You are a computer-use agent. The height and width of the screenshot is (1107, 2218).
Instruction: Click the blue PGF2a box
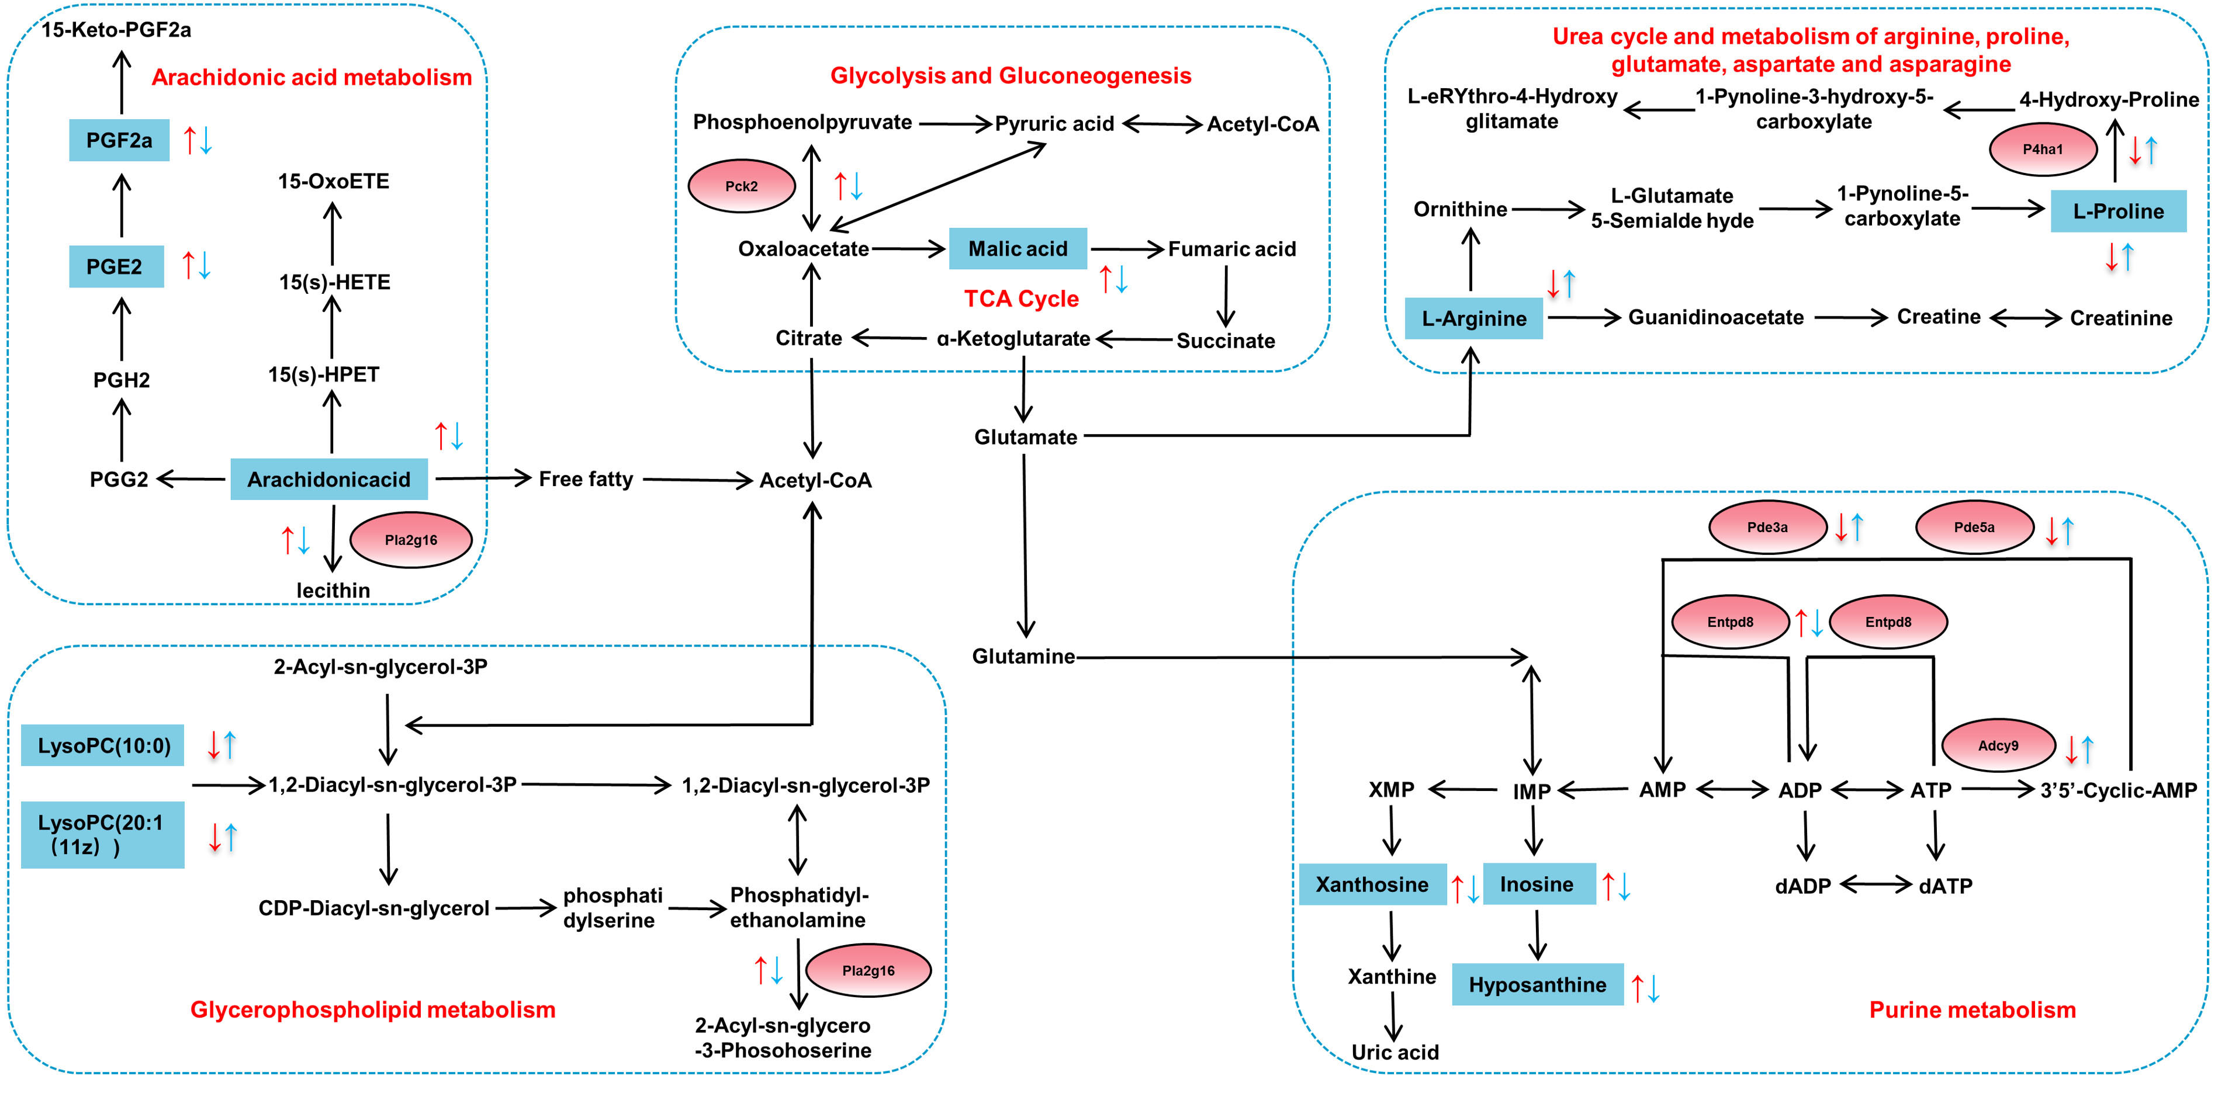click(x=119, y=140)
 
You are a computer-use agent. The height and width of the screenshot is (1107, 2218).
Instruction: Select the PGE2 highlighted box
click(x=115, y=267)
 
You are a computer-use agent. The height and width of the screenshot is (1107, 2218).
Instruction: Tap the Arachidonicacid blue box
click(x=329, y=480)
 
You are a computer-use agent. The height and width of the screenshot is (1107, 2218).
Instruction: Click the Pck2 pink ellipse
click(x=741, y=186)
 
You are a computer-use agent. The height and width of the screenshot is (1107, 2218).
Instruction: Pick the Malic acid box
click(x=1018, y=249)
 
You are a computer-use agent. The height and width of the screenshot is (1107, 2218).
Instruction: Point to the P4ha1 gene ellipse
click(x=2042, y=149)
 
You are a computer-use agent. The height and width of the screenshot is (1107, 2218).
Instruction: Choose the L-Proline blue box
click(x=2117, y=211)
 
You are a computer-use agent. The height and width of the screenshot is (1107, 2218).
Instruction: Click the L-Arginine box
click(x=1473, y=318)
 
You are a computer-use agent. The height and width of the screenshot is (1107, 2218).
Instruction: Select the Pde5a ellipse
click(x=1974, y=528)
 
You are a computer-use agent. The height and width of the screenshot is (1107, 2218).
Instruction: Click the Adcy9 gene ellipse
click(x=1998, y=745)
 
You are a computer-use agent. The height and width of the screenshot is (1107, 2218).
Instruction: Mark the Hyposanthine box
click(x=1537, y=985)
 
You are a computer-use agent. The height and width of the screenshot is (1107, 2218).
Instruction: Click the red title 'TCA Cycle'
click(x=1021, y=299)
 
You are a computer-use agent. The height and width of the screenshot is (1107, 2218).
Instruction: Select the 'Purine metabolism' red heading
click(x=1972, y=1009)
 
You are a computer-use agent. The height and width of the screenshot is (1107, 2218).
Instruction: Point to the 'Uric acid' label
click(x=1395, y=1052)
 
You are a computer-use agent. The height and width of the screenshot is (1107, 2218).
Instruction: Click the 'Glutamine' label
click(x=1023, y=657)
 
